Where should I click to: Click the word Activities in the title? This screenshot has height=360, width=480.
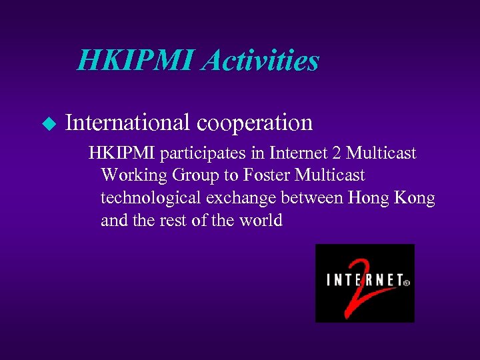coord(261,61)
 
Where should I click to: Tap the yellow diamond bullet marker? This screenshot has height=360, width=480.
coord(47,123)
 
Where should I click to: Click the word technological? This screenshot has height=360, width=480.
coord(152,198)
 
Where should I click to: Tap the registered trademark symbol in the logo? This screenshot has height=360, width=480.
coord(407,282)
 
